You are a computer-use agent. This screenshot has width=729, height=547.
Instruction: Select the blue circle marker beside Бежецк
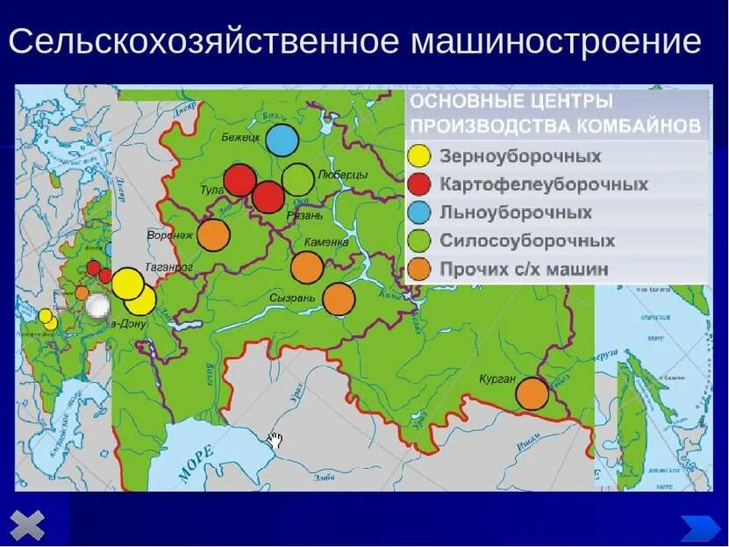tap(281, 140)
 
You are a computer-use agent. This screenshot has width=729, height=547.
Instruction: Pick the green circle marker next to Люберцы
tap(298, 179)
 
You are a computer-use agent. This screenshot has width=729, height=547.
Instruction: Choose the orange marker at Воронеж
tap(213, 234)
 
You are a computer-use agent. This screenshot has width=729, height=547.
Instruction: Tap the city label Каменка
tap(326, 241)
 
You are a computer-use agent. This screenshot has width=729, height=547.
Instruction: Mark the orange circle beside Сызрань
tap(339, 299)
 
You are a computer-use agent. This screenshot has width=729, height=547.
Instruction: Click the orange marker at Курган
tap(532, 393)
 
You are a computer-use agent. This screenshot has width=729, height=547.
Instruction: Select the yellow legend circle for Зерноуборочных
tap(420, 156)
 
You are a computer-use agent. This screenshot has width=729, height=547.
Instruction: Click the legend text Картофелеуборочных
tap(544, 184)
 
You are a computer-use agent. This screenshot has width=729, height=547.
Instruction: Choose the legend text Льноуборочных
tap(515, 212)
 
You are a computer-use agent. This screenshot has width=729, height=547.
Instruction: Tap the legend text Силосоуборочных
tap(526, 241)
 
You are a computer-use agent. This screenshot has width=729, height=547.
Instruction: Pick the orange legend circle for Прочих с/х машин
tap(420, 269)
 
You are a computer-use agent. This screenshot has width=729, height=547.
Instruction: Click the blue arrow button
tap(699, 527)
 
